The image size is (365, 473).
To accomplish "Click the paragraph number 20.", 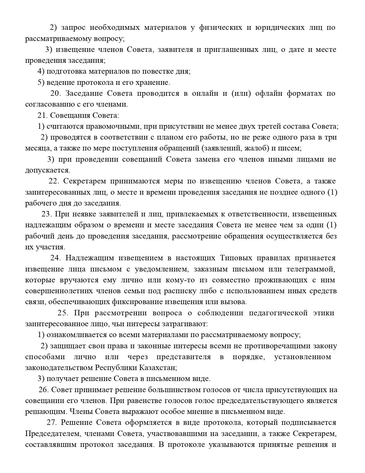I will [55, 93].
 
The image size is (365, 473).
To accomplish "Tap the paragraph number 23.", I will [46, 214].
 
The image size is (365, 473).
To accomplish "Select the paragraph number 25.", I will [62, 313].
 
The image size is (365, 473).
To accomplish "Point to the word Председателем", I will [51, 433].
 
